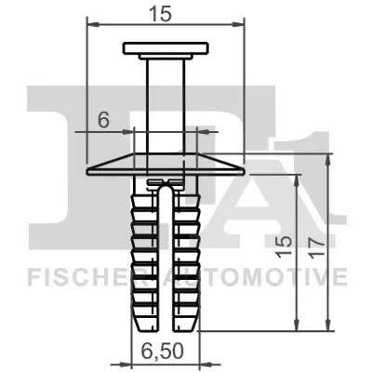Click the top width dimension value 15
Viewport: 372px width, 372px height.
[166, 12]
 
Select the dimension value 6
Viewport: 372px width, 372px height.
[104, 119]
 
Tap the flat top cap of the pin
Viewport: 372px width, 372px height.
[165, 47]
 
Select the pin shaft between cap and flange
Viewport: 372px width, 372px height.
[165, 102]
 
